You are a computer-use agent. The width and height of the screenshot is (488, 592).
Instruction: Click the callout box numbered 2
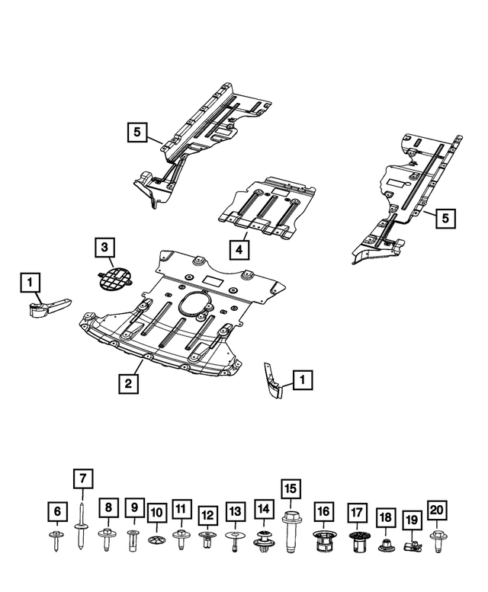click(x=129, y=383)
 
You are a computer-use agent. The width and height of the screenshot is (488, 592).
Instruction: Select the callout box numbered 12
click(x=207, y=516)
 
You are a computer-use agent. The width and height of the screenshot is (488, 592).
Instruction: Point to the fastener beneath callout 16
click(x=323, y=542)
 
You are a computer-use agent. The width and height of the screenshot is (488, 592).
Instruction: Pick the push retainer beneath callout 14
click(x=264, y=540)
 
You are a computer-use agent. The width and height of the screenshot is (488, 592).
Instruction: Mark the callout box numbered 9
click(x=133, y=507)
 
